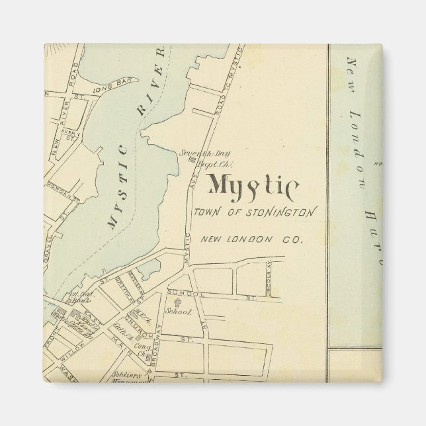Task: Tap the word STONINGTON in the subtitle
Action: pyautogui.click(x=286, y=212)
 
